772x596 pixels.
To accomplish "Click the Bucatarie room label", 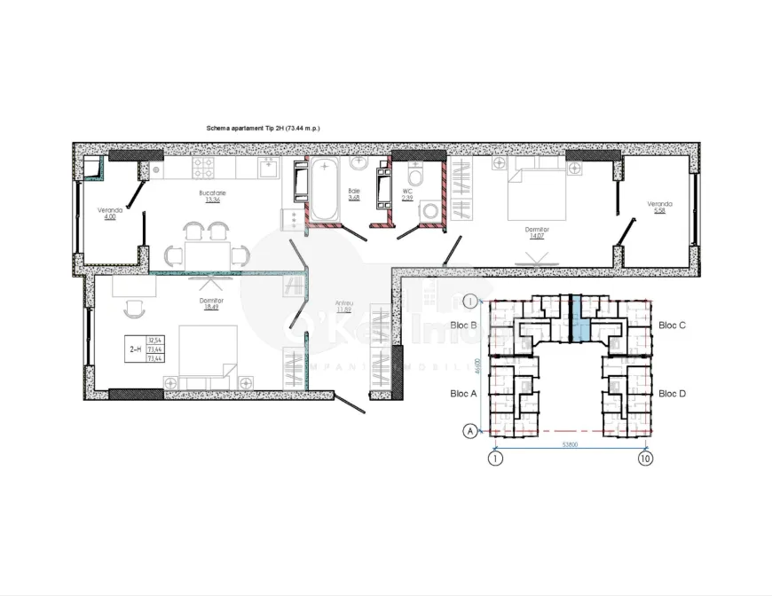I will [x=212, y=192].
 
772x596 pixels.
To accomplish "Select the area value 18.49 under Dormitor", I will [x=212, y=308].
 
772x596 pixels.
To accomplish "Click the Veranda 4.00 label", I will [x=109, y=214].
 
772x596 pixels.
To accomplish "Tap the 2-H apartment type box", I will [x=146, y=349].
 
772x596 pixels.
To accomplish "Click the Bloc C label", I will [x=671, y=325].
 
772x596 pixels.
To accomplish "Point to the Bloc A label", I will [x=464, y=393].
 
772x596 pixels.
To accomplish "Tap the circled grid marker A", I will [x=469, y=431].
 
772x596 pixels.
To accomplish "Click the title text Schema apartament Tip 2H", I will [x=263, y=129].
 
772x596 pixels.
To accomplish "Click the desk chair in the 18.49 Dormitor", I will [x=136, y=310].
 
